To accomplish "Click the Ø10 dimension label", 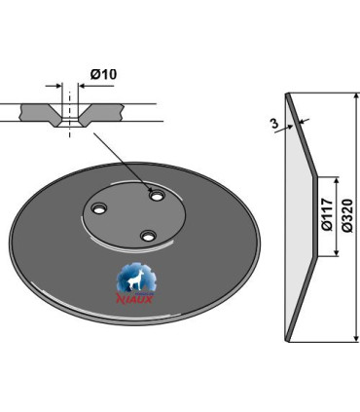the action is coord(103,74).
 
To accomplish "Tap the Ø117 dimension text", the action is coord(328,214).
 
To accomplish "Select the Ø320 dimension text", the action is coord(346,215).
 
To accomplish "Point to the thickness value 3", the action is coord(274,124).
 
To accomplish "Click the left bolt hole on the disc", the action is coord(98,208).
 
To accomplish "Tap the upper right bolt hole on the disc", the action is coord(157,196).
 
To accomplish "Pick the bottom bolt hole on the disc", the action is coord(148,236).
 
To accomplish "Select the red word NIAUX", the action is coord(134,298).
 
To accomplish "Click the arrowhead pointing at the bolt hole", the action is coord(150,190).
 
